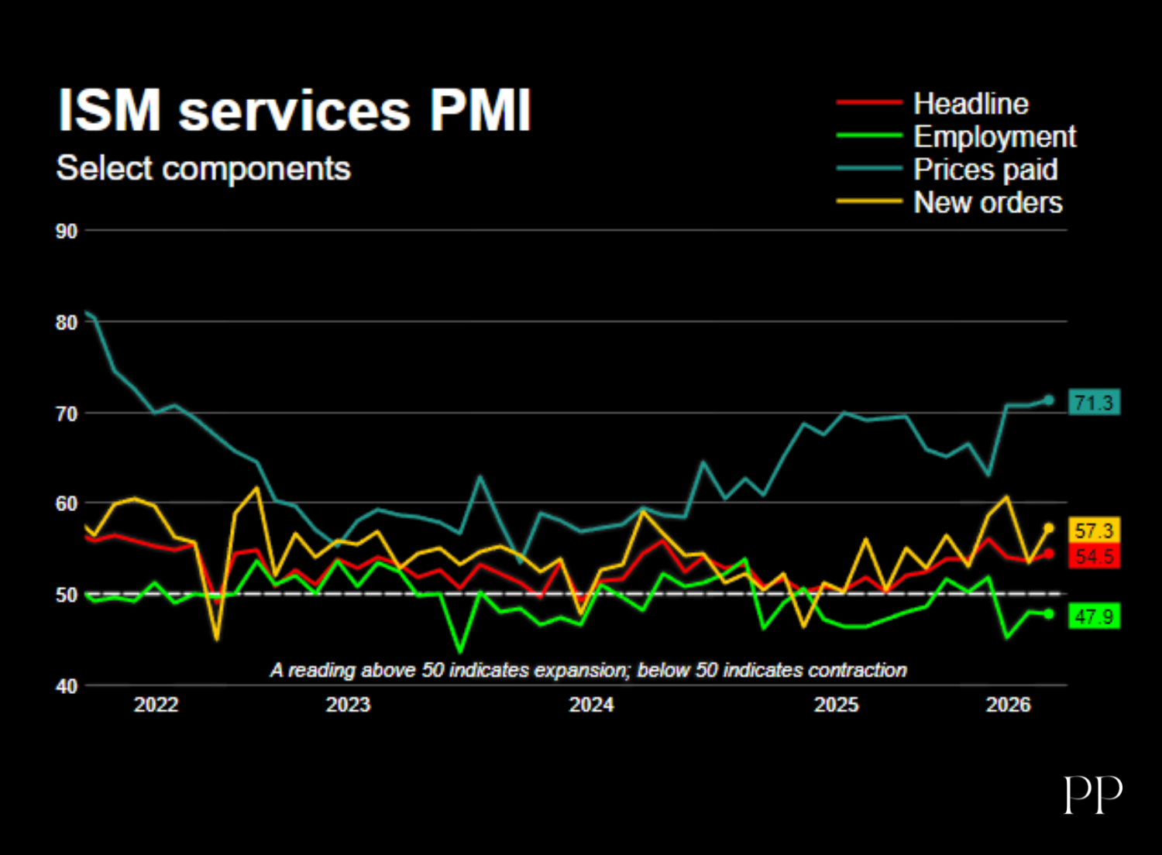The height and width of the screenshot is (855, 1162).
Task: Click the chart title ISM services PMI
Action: pos(294,111)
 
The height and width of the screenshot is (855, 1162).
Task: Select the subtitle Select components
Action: pos(203,168)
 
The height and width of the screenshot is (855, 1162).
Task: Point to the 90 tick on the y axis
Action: pos(67,232)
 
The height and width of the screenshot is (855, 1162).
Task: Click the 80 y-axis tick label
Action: pos(67,322)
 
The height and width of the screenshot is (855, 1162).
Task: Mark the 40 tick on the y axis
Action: pos(67,686)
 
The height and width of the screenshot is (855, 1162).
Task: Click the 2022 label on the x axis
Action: pos(156,706)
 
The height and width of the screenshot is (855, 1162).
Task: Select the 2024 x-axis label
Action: pos(591,706)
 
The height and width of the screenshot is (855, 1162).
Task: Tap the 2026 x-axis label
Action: pos(1008,706)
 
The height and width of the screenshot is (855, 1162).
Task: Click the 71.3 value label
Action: pos(1094,403)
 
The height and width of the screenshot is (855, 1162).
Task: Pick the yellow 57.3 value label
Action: pos(1094,531)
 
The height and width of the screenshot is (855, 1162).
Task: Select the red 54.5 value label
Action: pos(1094,556)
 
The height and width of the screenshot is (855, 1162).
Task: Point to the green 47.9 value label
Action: pos(1094,616)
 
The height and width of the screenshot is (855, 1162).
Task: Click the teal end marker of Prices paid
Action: pos(1049,400)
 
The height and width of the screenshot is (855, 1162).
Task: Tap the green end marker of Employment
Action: pos(1049,614)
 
